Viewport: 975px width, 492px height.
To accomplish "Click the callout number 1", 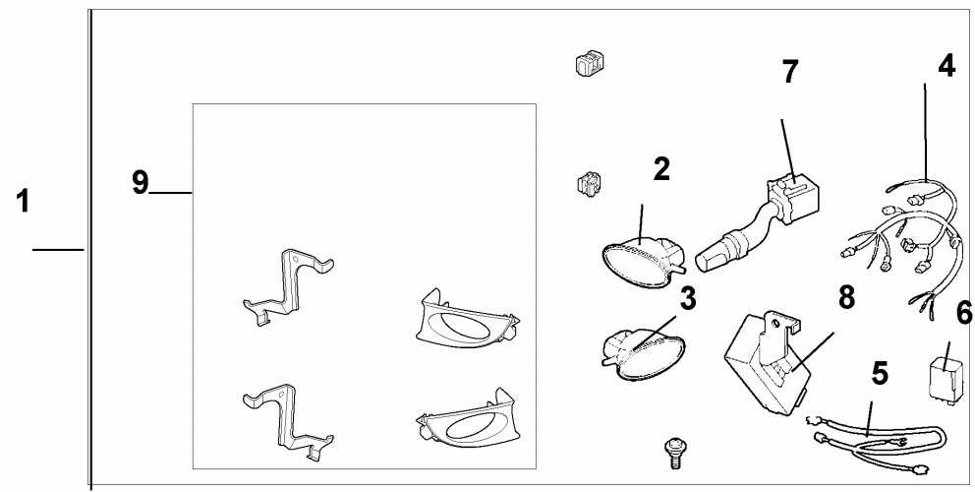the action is [x=22, y=204].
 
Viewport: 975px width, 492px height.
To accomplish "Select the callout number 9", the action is [x=141, y=182].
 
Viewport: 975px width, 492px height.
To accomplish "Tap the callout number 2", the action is [x=661, y=169].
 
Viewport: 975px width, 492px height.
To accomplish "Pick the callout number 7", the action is [x=790, y=72].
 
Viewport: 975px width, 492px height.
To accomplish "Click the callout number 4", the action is [x=946, y=67].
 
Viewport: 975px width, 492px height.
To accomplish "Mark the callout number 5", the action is [x=880, y=373].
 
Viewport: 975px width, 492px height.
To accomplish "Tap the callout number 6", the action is [x=963, y=314].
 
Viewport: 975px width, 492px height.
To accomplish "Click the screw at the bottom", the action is [x=674, y=451].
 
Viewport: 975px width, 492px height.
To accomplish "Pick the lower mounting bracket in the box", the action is [x=287, y=418].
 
